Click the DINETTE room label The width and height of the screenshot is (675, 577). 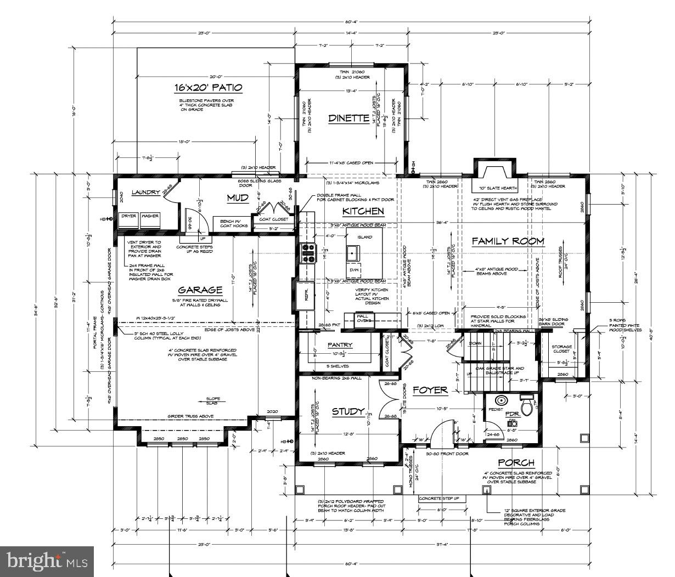point(348,118)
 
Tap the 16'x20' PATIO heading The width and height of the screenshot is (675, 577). point(208,88)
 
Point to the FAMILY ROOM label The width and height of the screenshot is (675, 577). point(508,241)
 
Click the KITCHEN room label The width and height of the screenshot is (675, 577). point(363,211)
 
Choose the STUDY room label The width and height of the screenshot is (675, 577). point(347,411)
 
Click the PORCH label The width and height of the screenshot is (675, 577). point(516,463)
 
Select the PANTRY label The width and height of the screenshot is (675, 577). point(340,345)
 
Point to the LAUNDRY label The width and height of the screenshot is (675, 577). point(145,193)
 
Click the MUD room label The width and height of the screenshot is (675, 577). point(238,197)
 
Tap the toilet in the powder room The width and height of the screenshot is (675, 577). point(527,406)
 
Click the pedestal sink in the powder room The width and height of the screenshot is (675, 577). point(500,401)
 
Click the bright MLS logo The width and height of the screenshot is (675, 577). point(47,561)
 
